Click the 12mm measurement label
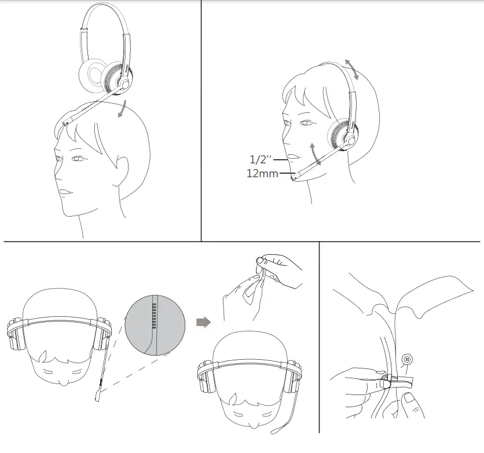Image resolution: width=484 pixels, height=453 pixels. point(262,173)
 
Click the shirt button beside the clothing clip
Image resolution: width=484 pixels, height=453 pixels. point(408,359)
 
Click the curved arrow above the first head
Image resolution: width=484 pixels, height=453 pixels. point(123,108)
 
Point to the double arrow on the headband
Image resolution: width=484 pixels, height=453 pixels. point(351,69)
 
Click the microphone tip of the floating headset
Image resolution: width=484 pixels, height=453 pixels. point(65,122)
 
